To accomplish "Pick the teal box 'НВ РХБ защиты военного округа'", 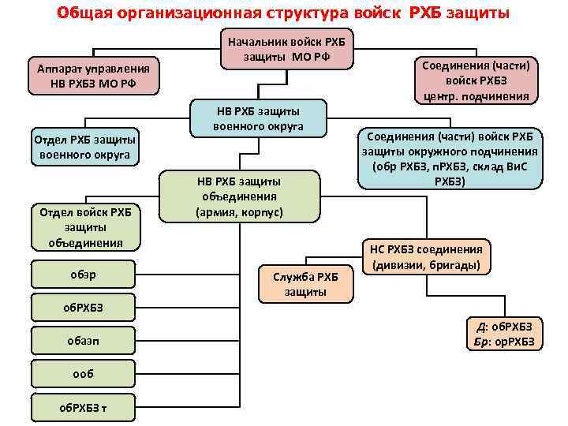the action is click(x=258, y=118).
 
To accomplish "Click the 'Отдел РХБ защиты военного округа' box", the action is click(x=85, y=148).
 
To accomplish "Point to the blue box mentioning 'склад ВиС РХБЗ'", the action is click(x=450, y=159).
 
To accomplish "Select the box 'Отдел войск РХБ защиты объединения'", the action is click(x=85, y=227).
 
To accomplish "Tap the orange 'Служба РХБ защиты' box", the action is click(x=305, y=284).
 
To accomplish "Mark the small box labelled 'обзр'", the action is click(x=85, y=274).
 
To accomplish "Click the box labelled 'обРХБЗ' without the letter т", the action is click(x=85, y=306).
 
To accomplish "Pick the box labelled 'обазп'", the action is click(x=85, y=338).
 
